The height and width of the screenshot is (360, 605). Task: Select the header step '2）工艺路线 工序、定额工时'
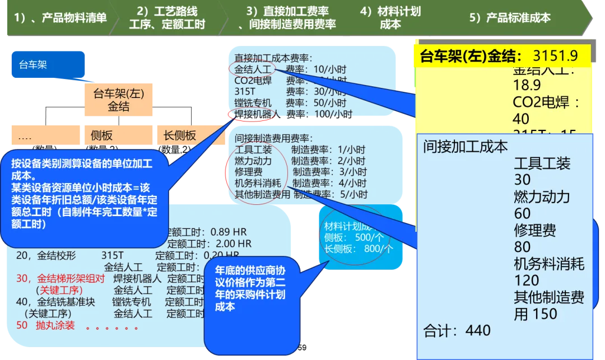pos(167,18)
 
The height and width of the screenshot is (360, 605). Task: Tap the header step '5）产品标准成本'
pos(510,18)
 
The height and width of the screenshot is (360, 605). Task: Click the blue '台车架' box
pos(48,64)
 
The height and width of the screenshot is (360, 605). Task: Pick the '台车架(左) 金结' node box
pos(118,100)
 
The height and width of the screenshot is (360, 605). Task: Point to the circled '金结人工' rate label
pos(253,69)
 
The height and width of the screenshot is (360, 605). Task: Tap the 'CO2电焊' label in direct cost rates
pos(253,81)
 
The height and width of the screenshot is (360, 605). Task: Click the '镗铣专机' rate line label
pos(253,103)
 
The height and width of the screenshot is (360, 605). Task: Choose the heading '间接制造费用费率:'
pos(274,138)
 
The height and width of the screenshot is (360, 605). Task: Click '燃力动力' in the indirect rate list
pos(253,161)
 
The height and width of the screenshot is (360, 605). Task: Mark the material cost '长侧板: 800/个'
pos(359,248)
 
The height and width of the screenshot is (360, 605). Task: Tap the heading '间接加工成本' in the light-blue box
pos(466,147)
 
